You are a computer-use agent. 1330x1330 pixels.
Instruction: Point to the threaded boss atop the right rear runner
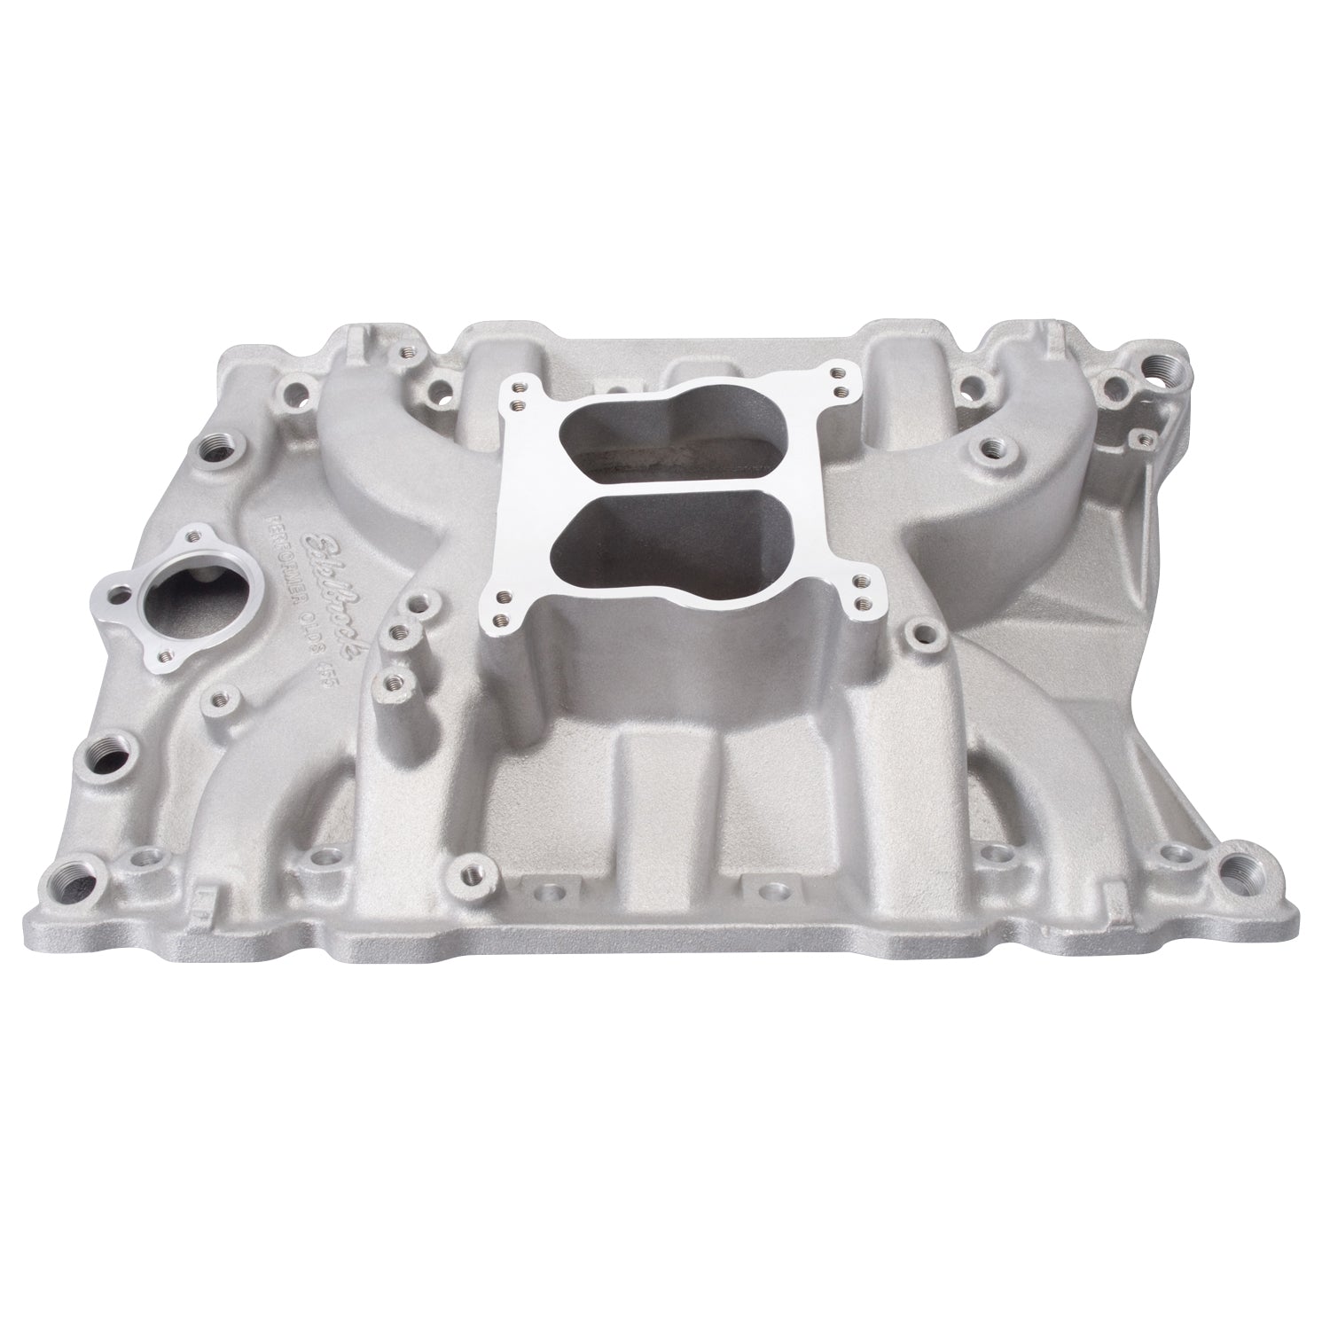[x=992, y=450]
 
